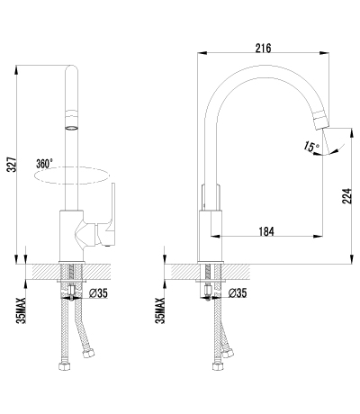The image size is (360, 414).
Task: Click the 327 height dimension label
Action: tap(12, 164)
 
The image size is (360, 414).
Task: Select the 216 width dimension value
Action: tap(263, 48)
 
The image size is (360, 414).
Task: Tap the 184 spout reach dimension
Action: tap(266, 231)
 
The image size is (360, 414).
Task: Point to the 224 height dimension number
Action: tap(346, 196)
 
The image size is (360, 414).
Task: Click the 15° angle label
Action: tap(311, 147)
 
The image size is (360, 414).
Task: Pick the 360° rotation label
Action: tap(44, 164)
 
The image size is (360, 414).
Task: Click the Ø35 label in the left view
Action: tap(98, 293)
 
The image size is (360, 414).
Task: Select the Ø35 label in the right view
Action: tap(238, 293)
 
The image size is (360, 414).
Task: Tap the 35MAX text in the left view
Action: tap(22, 310)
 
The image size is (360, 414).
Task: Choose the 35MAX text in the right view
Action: tap(160, 310)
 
